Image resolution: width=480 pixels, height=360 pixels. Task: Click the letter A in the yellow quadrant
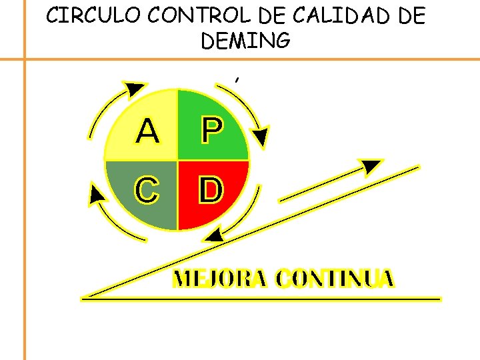click(147, 131)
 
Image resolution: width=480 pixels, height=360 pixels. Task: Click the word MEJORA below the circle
click(220, 279)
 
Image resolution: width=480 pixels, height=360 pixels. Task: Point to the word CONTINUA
click(335, 279)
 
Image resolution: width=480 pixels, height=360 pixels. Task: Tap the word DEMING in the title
click(245, 41)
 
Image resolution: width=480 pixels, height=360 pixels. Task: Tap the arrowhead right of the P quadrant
click(261, 137)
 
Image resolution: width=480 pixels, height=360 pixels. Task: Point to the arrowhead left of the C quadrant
click(97, 194)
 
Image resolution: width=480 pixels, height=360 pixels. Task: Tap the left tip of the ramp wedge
click(84, 297)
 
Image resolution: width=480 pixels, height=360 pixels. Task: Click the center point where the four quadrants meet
click(177, 161)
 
